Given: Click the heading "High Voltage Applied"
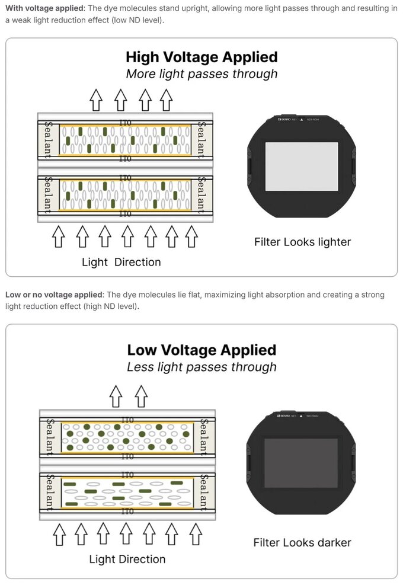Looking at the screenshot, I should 201,57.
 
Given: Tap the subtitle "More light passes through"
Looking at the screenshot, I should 201,74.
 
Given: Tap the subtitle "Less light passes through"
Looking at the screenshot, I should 201,366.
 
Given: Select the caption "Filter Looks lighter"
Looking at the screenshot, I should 302,242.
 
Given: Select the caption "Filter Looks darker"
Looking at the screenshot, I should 302,542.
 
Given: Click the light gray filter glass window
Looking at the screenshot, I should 302,167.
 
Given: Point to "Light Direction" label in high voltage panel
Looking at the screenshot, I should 121,262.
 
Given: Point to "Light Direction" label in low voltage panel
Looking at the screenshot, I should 127,559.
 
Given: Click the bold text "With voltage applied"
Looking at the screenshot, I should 45,8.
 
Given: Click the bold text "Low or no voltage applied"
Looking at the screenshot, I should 54,295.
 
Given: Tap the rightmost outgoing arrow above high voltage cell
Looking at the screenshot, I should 167,99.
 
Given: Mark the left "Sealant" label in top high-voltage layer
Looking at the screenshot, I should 49,140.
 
